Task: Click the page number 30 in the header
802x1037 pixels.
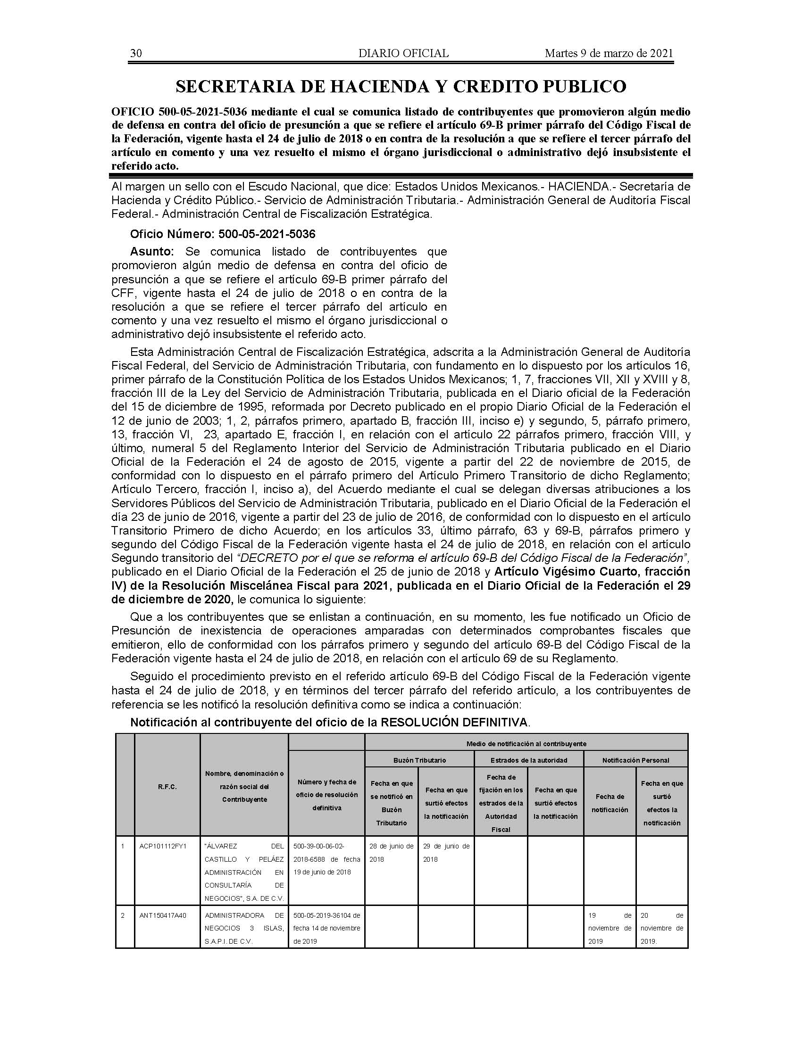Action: point(136,53)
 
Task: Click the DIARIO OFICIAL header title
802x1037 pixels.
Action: point(403,53)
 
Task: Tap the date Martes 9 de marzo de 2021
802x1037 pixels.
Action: point(609,53)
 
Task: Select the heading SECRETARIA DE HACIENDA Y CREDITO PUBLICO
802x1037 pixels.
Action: point(401,86)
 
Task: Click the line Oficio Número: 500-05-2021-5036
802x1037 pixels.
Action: point(223,234)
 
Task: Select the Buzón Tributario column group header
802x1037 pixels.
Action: point(419,760)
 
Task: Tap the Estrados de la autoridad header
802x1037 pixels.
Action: point(529,760)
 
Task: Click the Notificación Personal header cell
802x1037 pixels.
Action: point(636,760)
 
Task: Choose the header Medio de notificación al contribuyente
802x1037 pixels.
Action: point(526,743)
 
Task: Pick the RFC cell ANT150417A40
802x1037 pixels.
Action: point(162,915)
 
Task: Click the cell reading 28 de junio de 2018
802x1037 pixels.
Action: point(392,852)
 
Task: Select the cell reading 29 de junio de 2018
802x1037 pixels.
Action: point(446,852)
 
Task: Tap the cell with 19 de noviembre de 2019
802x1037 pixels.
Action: point(610,928)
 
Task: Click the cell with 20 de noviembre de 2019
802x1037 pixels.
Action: point(662,928)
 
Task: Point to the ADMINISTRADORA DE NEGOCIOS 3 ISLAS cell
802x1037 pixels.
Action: point(244,928)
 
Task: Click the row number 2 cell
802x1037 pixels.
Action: point(123,915)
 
